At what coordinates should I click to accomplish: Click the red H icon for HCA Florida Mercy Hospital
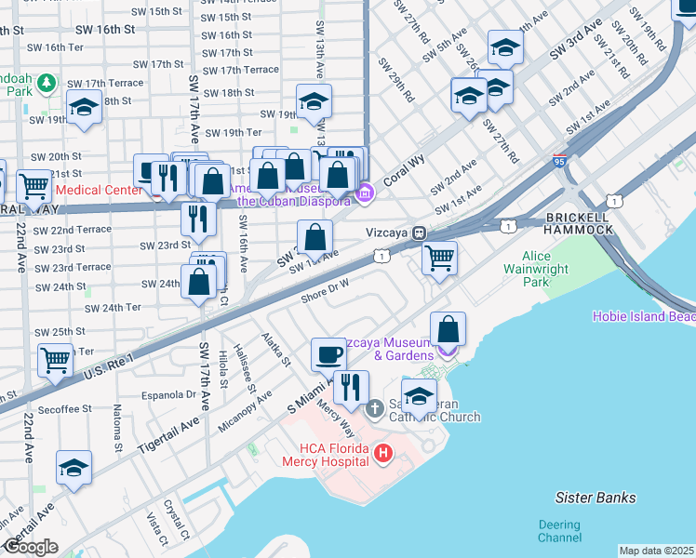[382, 453]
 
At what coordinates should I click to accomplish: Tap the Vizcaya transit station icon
[420, 232]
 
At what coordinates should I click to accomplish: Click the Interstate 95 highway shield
[559, 161]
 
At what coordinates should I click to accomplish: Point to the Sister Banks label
[595, 498]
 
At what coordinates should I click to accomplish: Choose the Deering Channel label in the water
[559, 531]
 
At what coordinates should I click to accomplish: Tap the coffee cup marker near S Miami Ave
[328, 354]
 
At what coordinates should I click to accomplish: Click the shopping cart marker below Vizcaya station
[439, 256]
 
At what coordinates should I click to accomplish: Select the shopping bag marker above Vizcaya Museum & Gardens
[448, 328]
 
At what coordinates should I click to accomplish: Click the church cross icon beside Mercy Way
[374, 408]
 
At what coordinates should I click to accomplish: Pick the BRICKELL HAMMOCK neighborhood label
[578, 222]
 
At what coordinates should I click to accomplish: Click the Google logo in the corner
[30, 547]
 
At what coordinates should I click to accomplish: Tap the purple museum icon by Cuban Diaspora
[365, 194]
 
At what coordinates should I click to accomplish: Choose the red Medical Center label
[98, 190]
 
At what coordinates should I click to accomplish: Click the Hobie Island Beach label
[644, 316]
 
